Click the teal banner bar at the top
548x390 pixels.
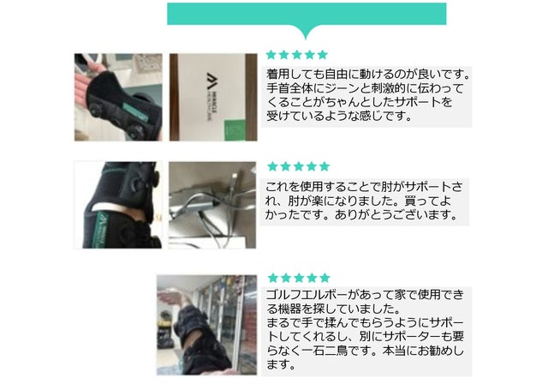point(307,14)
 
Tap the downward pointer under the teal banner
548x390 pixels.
point(307,32)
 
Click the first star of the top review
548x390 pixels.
point(271,55)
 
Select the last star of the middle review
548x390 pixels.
point(325,166)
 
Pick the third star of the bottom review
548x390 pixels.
point(299,278)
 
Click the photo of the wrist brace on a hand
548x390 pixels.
point(118,97)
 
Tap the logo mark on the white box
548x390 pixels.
point(211,81)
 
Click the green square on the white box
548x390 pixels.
point(234,130)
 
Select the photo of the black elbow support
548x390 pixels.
point(118,205)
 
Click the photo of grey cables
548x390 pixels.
point(212,205)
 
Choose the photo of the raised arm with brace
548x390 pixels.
point(206,325)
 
